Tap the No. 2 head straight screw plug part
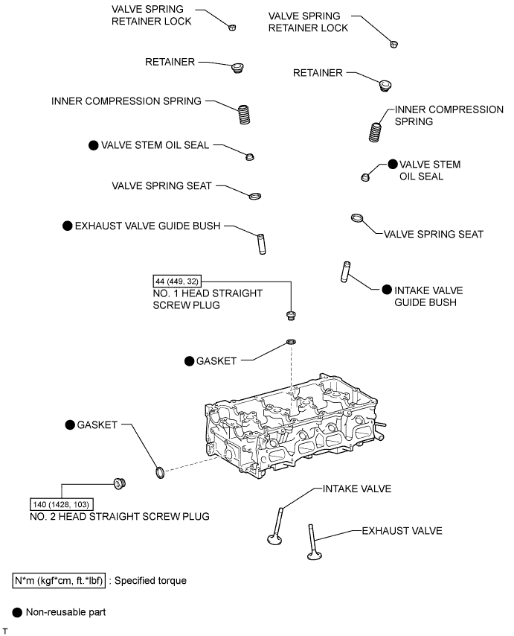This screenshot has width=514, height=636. click(x=120, y=483)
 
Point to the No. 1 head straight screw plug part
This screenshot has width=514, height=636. click(x=290, y=315)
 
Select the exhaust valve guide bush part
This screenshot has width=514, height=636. click(x=262, y=244)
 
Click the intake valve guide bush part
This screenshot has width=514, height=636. click(x=345, y=272)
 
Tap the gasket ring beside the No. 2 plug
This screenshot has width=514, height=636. click(x=160, y=473)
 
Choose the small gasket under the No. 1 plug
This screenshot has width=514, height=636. click(x=291, y=342)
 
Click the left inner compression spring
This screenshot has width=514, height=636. click(x=243, y=115)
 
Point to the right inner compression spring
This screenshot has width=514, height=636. click(x=375, y=133)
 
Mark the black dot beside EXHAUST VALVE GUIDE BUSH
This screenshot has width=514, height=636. click(x=67, y=226)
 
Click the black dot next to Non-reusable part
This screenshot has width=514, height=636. click(x=17, y=612)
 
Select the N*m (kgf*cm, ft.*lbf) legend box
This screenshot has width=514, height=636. click(x=59, y=581)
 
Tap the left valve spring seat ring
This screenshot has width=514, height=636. click(x=255, y=197)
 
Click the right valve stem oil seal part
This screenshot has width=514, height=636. click(x=365, y=177)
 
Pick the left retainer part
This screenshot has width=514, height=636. click(x=238, y=68)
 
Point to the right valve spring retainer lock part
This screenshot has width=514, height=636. click(x=393, y=44)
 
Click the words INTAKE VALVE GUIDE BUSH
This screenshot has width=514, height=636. click(x=428, y=296)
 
